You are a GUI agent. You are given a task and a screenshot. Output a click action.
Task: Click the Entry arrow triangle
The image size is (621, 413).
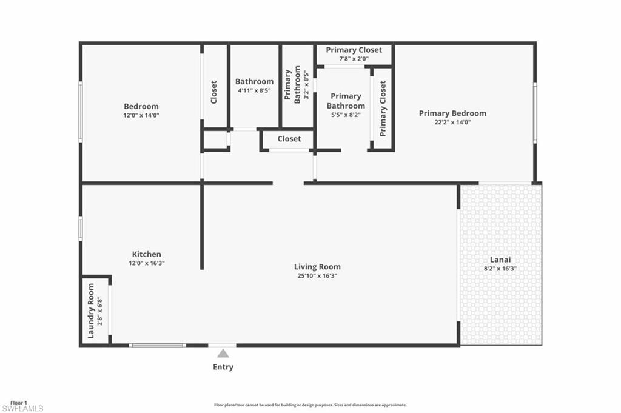223,353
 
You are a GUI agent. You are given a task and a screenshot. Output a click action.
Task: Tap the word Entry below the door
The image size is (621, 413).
223,367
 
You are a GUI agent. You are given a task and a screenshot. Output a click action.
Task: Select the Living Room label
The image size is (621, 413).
317,266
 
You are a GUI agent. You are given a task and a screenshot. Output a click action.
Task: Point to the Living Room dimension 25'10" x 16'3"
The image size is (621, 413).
317,276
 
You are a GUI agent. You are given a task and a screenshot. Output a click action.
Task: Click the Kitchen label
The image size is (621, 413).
147,254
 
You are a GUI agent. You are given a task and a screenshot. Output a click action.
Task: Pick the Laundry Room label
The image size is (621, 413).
92,311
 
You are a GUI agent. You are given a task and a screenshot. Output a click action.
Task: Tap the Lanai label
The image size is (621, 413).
500,259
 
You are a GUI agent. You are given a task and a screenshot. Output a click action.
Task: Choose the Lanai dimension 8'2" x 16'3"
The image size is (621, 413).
500,268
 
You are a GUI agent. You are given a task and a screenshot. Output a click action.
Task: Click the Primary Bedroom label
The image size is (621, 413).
452,113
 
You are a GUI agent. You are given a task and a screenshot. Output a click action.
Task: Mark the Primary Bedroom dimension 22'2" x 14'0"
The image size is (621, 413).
452,122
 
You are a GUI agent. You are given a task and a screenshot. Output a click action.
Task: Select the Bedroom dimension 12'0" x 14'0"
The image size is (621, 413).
141,115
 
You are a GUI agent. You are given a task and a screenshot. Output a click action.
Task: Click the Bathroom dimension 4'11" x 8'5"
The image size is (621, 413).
254,90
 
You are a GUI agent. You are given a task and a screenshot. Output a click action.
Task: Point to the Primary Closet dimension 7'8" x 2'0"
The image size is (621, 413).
354,59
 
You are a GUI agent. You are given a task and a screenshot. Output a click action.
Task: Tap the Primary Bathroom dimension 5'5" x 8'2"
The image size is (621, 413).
346,115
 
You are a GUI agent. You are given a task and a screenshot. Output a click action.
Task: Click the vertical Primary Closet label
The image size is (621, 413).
383,109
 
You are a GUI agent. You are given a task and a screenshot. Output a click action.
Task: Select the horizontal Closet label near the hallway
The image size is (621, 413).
289,138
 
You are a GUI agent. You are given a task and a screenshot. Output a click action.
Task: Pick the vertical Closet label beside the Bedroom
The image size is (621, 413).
214,92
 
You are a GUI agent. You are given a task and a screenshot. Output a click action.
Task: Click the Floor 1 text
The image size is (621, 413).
19,403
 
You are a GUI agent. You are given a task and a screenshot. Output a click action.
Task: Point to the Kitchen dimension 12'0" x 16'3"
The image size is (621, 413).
147,263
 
